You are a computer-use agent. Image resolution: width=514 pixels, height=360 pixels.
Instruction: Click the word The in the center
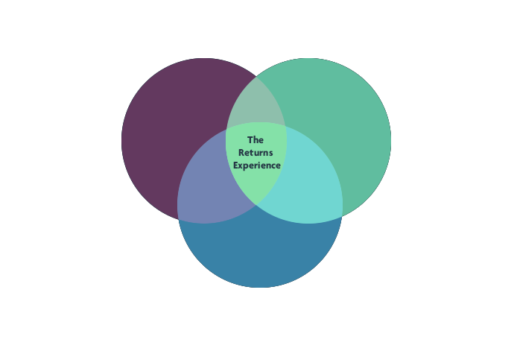click(256, 139)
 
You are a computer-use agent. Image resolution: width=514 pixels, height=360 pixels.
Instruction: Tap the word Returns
click(256, 152)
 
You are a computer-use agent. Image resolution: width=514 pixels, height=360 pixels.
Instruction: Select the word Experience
click(256, 165)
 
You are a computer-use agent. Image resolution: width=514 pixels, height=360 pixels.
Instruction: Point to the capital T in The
click(250, 139)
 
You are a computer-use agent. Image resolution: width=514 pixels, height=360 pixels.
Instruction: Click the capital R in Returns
click(241, 152)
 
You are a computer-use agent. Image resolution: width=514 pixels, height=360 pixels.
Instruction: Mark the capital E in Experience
click(235, 165)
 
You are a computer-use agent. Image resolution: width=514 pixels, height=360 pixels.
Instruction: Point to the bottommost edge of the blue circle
click(259, 288)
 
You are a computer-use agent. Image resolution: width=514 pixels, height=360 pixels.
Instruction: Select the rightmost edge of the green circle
click(391, 140)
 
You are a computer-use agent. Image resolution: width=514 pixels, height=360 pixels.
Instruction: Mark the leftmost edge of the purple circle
click(121, 140)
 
